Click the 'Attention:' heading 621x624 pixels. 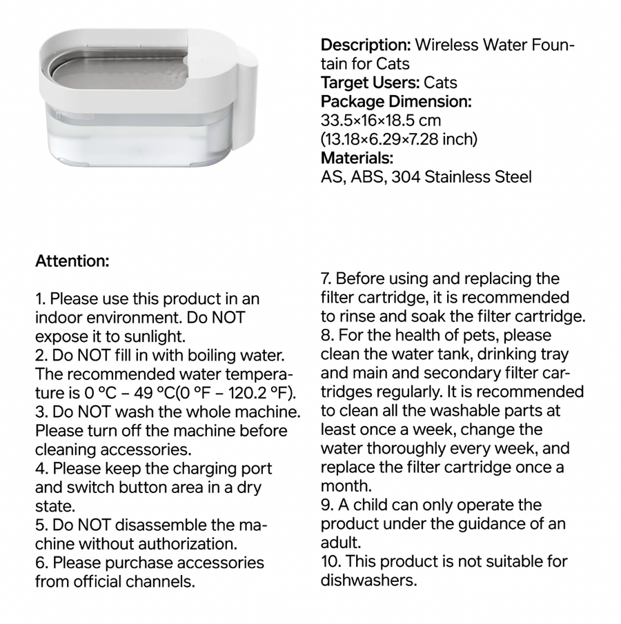pos(72,262)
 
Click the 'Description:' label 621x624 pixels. pos(366,46)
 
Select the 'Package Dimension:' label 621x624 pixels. pos(396,102)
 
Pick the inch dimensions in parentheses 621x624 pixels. pos(399,140)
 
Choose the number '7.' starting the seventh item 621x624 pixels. pos(326,279)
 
